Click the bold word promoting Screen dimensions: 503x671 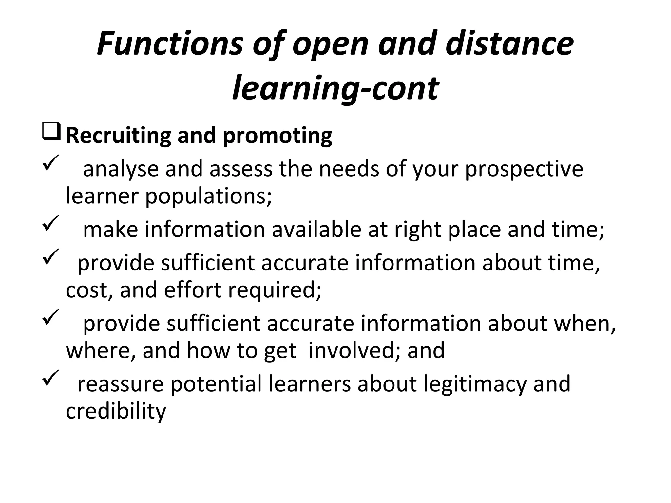[x=278, y=136]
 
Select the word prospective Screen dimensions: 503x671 [x=524, y=170]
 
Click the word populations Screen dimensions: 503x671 [x=208, y=196]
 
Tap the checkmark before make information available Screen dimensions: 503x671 [x=50, y=222]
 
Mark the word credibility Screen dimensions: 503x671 [x=116, y=411]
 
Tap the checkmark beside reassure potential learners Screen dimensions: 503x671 [x=50, y=377]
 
